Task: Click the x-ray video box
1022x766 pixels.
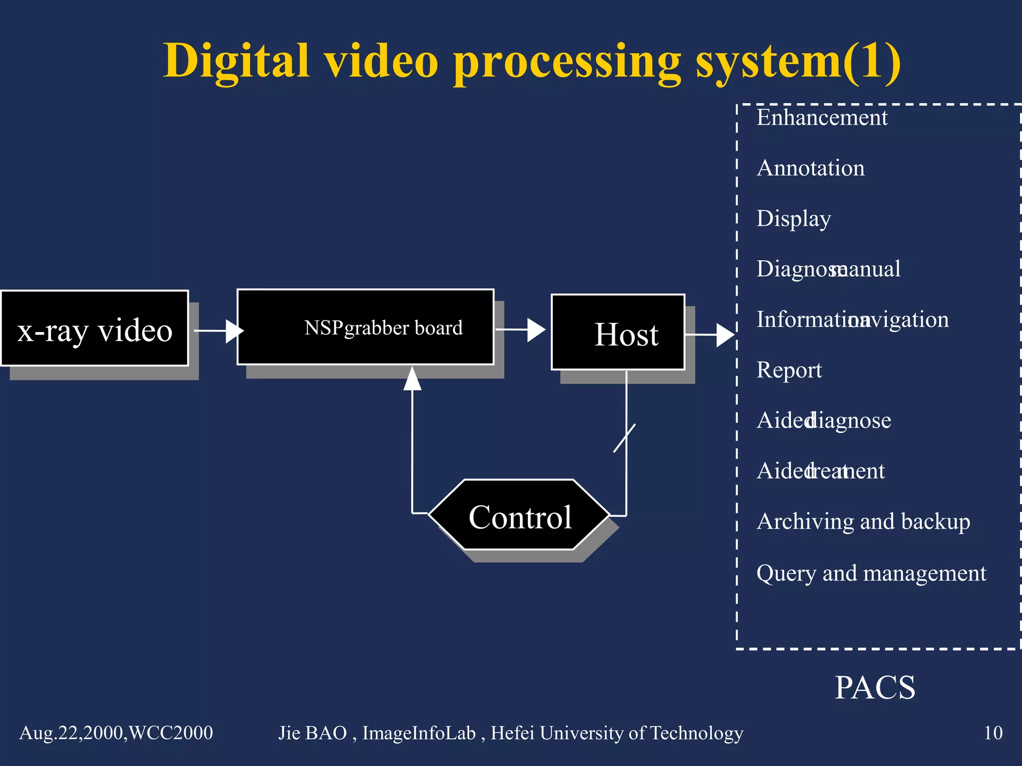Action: click(95, 328)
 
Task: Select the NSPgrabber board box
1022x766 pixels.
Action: click(365, 327)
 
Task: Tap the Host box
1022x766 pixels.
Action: click(618, 332)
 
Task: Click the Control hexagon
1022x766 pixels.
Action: click(519, 515)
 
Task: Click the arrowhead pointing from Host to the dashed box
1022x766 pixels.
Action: click(725, 335)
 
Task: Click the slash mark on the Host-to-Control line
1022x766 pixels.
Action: click(624, 438)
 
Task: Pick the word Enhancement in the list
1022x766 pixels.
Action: click(822, 118)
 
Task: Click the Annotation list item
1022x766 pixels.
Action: click(810, 168)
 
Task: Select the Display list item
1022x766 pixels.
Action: click(793, 219)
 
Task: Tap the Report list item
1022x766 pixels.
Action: click(789, 370)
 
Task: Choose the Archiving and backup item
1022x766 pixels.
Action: click(863, 522)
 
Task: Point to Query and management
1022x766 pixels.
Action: click(871, 573)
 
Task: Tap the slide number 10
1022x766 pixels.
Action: click(993, 733)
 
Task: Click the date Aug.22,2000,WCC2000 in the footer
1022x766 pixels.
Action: click(116, 733)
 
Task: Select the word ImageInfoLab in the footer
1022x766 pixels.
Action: click(419, 733)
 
